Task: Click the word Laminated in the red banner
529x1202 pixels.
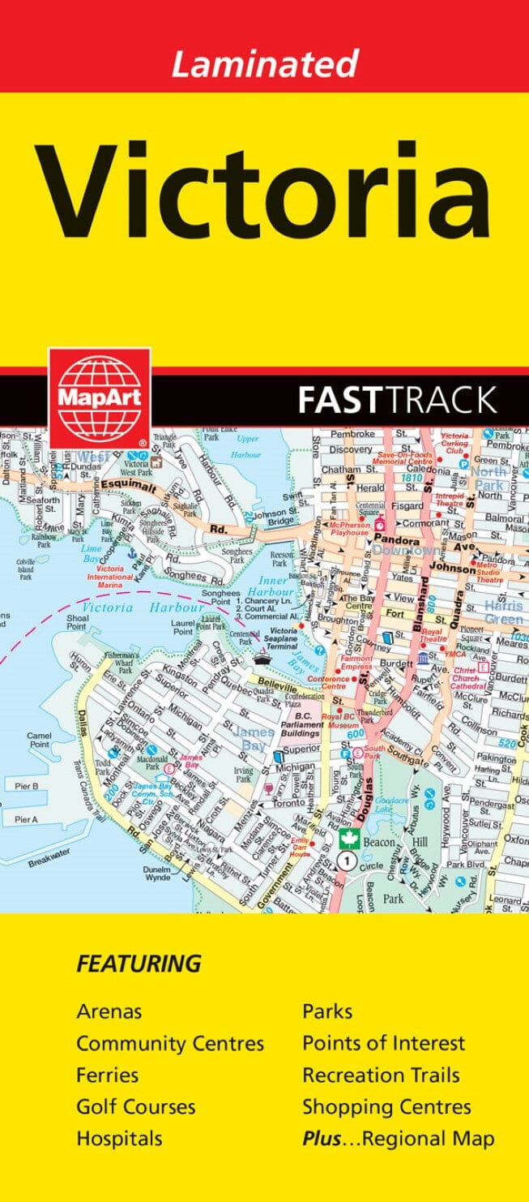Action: tap(265, 63)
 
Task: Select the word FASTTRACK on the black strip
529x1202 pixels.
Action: tap(397, 400)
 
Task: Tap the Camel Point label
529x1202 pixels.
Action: tap(39, 739)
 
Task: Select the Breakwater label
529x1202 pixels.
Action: tap(49, 841)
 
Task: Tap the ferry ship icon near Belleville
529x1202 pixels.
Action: tap(261, 659)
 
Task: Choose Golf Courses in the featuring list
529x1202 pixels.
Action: tap(135, 1106)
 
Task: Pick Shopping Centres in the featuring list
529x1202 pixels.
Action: tap(386, 1106)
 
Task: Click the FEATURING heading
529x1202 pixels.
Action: tap(138, 964)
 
